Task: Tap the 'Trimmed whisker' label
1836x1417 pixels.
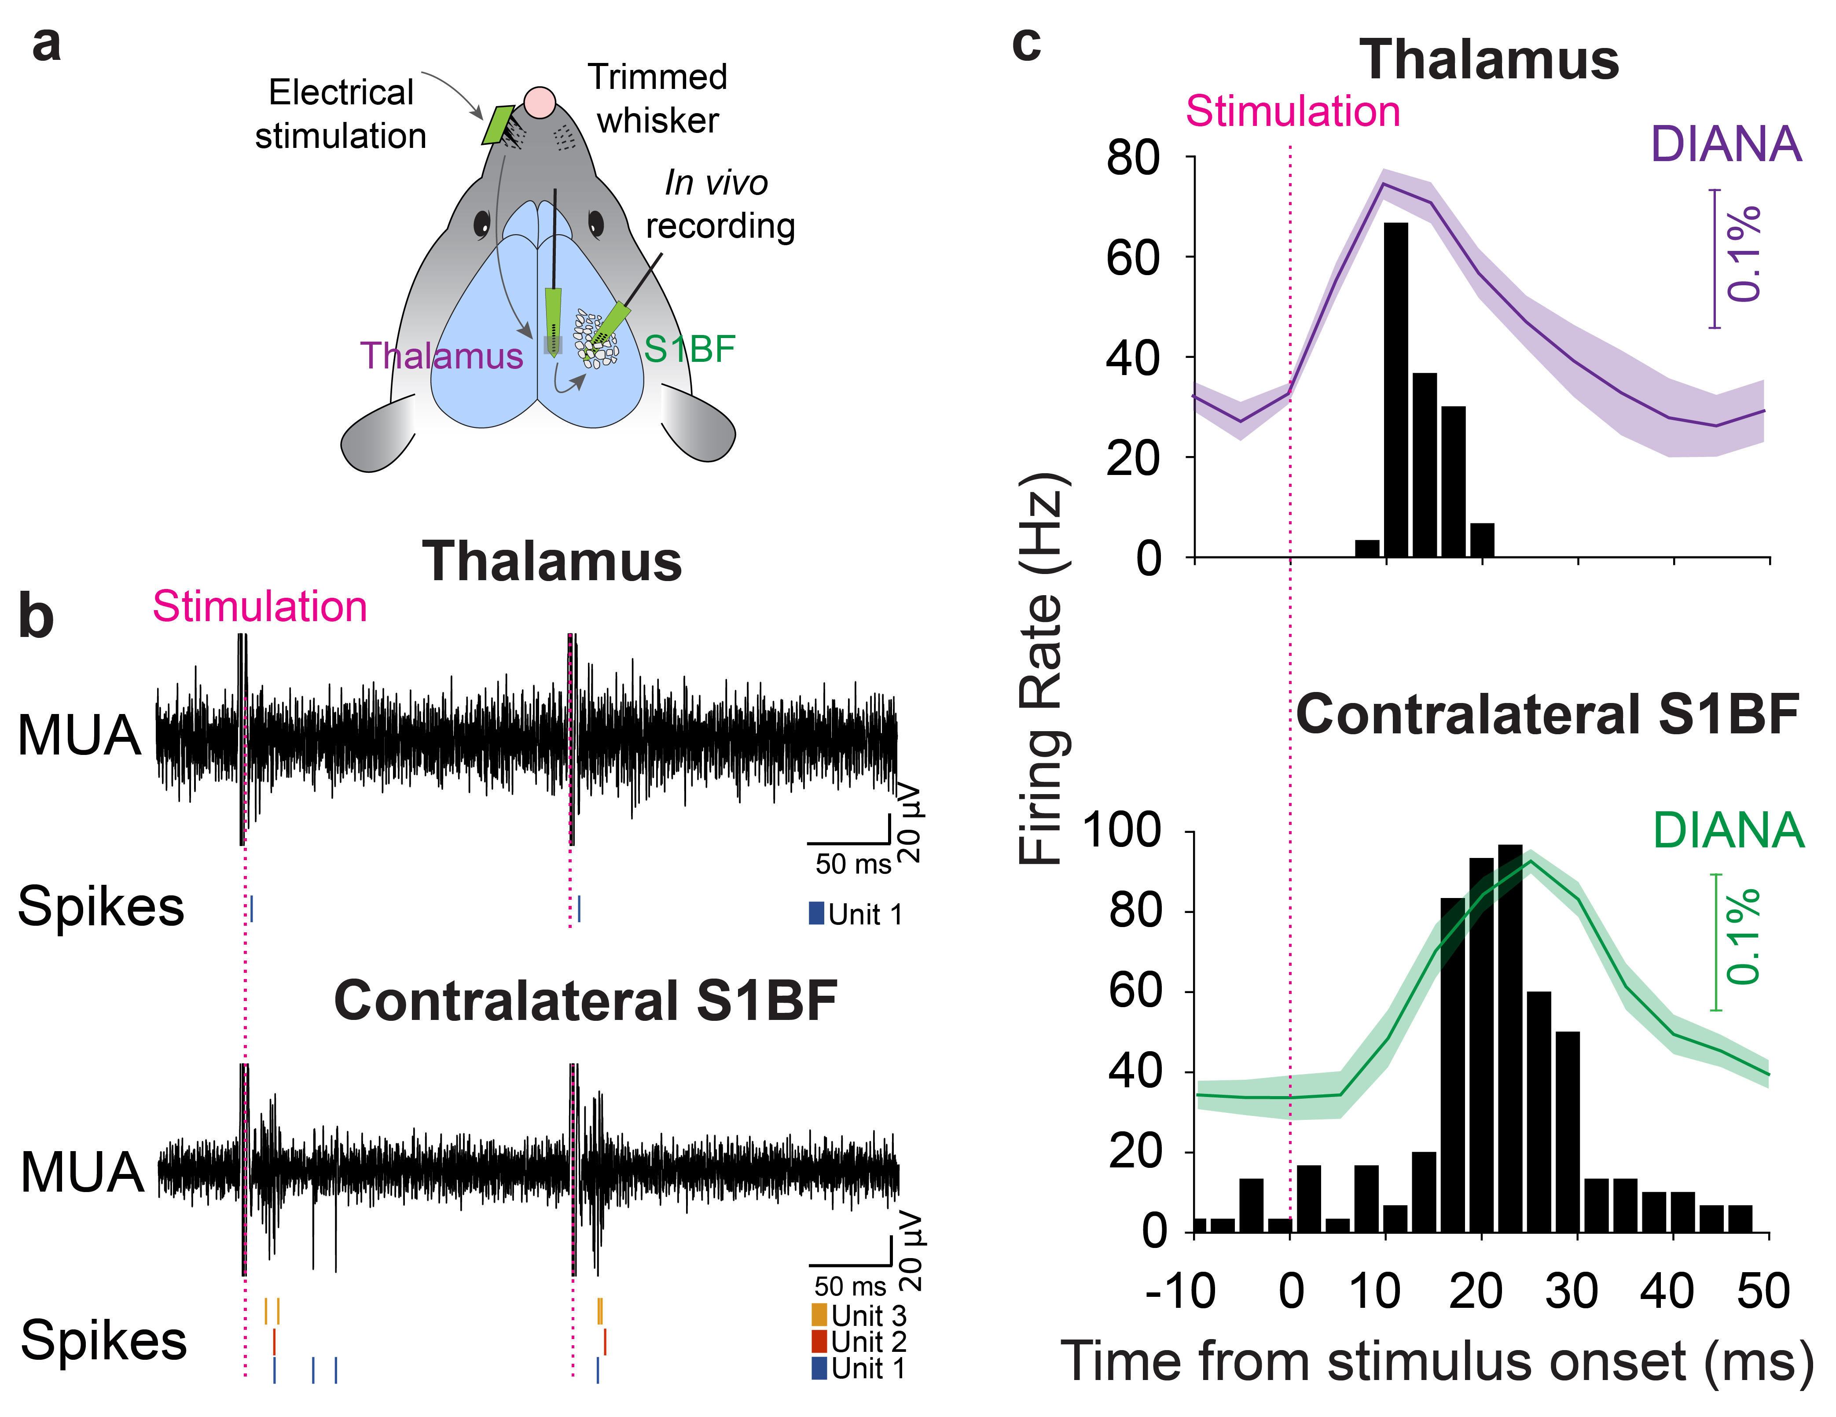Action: coord(657,99)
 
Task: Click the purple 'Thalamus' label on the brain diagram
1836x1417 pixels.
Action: coord(441,356)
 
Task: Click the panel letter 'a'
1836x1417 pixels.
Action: coord(46,44)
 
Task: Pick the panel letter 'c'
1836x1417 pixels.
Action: coord(1026,44)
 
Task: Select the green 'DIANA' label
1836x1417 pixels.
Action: coord(1728,831)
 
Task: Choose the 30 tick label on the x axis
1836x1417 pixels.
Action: coord(1570,1291)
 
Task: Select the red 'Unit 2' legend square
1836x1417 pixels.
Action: coord(819,1340)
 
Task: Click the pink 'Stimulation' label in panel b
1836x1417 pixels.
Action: coord(260,606)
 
